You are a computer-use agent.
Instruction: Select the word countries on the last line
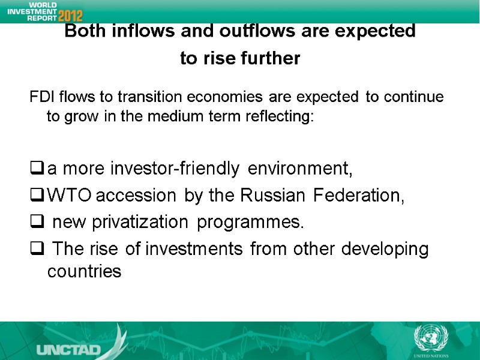84,272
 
